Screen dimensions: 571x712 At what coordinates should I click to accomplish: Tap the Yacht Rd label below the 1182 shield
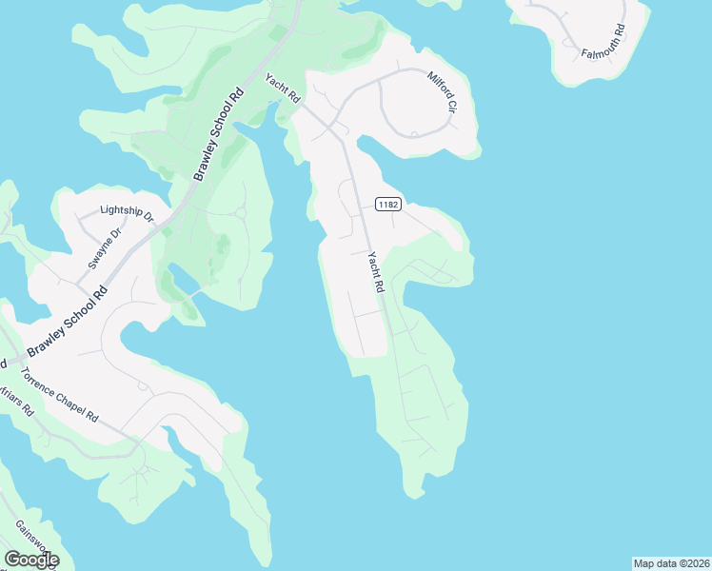pos(375,270)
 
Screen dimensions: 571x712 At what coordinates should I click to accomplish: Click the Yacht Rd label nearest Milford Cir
pos(283,89)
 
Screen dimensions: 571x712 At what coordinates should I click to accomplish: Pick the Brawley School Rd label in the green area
pos(219,134)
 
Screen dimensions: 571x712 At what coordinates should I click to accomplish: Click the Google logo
pos(31,560)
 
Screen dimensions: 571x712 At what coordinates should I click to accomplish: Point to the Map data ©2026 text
pos(670,563)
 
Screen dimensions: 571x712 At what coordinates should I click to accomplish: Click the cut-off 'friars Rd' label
pos(17,400)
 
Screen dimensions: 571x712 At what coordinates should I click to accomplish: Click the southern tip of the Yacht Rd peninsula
pos(413,493)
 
